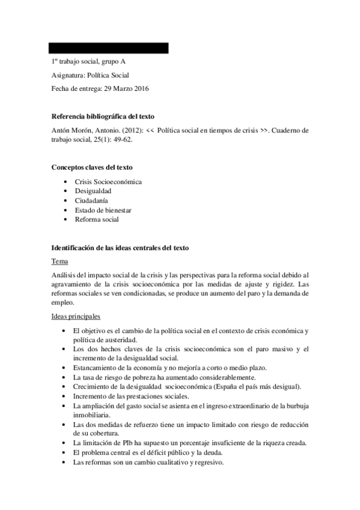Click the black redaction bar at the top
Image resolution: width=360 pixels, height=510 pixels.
(109, 48)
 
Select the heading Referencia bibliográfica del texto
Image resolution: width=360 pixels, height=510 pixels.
(105, 116)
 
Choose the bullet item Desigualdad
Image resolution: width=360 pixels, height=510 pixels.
(93, 191)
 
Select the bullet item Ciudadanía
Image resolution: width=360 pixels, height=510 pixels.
(92, 200)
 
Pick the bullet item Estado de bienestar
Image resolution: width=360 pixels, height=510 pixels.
(103, 210)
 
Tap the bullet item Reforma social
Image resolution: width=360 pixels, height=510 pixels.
(97, 220)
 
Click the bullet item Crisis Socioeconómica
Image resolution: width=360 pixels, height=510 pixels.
(108, 181)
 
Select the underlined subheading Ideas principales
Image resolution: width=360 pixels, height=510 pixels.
(76, 316)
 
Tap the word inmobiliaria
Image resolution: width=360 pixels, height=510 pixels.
(91, 415)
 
